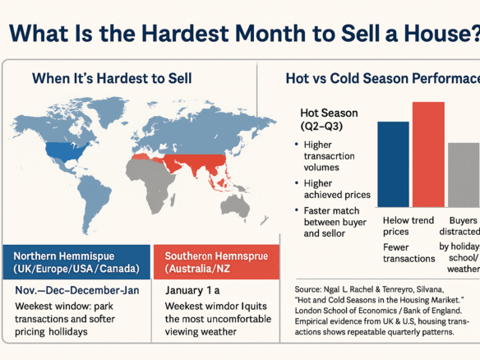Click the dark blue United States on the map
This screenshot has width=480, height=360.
[68, 151]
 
